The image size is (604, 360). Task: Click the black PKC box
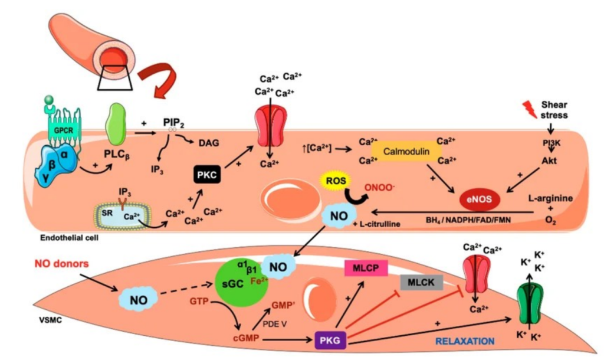tap(207, 175)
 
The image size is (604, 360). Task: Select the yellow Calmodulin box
tap(406, 152)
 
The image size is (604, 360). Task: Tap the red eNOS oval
tap(479, 199)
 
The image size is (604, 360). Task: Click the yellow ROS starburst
tap(336, 181)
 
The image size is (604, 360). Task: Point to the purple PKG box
tap(330, 341)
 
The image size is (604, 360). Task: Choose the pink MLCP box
tap(366, 268)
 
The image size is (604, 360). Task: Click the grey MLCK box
tap(421, 283)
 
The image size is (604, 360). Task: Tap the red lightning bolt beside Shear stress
tap(530, 109)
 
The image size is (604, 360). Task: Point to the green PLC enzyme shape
tap(116, 124)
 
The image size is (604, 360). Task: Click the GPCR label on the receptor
tap(63, 130)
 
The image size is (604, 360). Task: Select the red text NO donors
tap(61, 264)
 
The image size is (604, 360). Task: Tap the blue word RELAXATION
tap(465, 341)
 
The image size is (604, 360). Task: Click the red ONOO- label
tap(380, 188)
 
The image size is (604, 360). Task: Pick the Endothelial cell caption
tap(70, 238)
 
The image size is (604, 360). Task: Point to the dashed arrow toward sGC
tap(186, 290)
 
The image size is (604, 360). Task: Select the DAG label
tap(209, 143)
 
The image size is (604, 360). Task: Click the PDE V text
tap(275, 324)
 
